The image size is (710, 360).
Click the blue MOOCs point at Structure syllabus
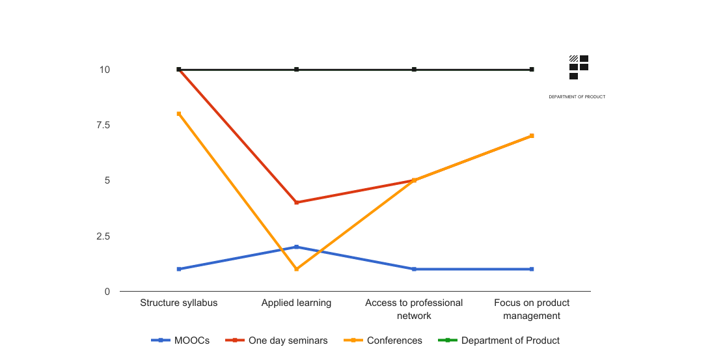click(179, 269)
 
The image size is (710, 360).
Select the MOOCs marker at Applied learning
click(297, 247)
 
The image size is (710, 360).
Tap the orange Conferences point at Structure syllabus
click(179, 114)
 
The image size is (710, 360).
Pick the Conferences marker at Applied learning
click(297, 269)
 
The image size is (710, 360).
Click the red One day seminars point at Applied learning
click(297, 202)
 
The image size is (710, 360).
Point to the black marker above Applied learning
click(297, 70)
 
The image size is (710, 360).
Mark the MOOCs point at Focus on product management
click(532, 269)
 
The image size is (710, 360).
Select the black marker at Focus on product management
click(532, 70)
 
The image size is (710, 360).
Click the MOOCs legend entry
click(181, 340)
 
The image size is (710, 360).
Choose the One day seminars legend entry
click(277, 340)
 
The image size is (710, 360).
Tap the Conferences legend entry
click(386, 340)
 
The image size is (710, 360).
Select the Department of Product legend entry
click(498, 340)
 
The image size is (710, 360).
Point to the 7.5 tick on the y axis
click(102, 125)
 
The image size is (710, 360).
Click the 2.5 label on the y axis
click(102, 236)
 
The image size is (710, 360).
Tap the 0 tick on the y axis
click(107, 291)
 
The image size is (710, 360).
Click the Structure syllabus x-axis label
click(179, 303)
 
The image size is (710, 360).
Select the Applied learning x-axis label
click(297, 303)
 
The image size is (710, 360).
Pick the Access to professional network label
click(414, 309)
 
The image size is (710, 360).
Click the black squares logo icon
click(579, 67)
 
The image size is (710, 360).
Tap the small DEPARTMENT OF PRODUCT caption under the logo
click(577, 97)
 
